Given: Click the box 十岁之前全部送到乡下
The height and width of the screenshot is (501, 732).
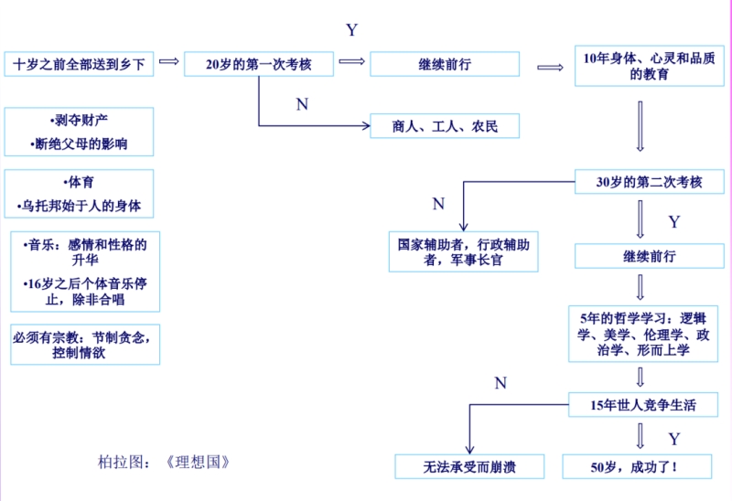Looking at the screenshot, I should (x=79, y=64).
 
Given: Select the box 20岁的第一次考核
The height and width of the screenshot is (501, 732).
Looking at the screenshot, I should (x=259, y=64).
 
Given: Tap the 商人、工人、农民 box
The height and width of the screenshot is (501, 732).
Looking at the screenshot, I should (x=445, y=126).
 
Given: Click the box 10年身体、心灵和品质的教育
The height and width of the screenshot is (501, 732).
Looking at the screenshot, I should (x=650, y=66).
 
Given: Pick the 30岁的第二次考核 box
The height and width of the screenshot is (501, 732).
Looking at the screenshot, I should (x=650, y=181).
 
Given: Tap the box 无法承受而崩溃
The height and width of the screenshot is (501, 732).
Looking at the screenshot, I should (x=469, y=467).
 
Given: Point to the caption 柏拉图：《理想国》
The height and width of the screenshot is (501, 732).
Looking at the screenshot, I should (x=164, y=462).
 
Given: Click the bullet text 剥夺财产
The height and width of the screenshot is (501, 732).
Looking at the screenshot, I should (x=79, y=120).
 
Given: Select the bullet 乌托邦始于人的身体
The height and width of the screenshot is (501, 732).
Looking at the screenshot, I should (x=79, y=206).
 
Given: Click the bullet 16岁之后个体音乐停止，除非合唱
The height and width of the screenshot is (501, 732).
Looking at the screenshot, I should (x=83, y=292).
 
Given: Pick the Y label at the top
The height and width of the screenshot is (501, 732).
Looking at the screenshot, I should (x=351, y=30).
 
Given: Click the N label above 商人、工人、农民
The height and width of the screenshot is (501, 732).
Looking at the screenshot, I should (x=302, y=105).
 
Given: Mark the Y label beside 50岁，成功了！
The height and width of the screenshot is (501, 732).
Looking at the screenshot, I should (x=674, y=439).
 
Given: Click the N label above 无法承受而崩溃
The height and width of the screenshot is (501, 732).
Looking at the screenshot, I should (x=501, y=383).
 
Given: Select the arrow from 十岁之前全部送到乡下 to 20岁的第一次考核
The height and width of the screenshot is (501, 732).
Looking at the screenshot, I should (x=168, y=61).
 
